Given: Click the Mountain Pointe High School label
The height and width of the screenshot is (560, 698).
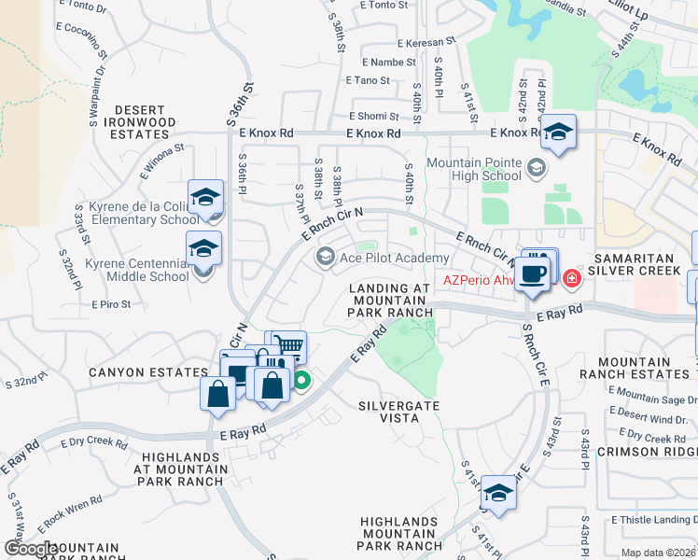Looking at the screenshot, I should point(474,169).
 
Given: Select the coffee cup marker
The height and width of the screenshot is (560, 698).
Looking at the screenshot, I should point(533,274).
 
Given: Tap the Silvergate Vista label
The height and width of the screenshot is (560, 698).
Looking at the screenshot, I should point(398,413).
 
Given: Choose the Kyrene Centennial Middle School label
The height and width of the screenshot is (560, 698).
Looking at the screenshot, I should point(137,270).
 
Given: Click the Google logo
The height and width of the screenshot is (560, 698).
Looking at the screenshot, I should point(30,549).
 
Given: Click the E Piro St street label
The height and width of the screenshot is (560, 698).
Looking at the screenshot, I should point(111,304).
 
